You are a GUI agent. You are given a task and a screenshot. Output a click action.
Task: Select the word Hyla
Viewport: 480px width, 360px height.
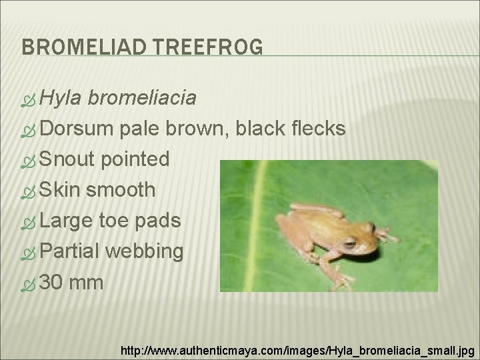coord(61,99)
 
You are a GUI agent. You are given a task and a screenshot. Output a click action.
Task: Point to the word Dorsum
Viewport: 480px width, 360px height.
coord(78,129)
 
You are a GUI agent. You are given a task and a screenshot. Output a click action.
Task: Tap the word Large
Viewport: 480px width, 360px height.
coord(67,221)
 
